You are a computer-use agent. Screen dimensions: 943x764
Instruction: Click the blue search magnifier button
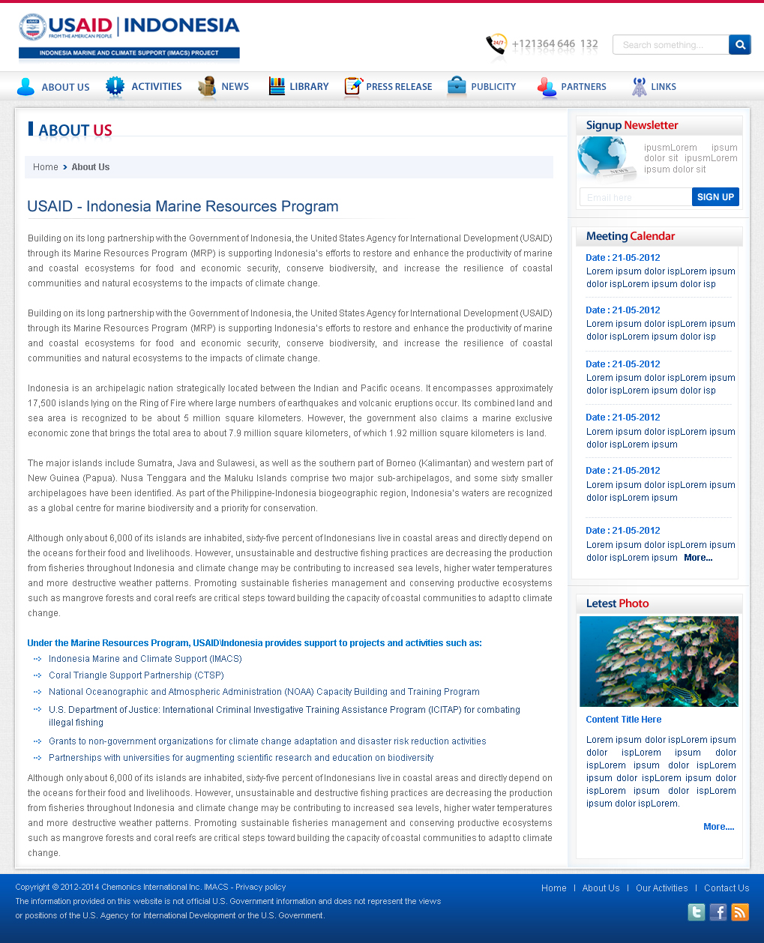coord(739,45)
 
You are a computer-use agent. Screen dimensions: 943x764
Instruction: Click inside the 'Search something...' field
coord(670,45)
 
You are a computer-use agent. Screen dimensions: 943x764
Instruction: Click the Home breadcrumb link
coord(46,167)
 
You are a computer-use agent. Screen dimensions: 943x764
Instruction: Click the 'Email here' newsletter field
coord(635,197)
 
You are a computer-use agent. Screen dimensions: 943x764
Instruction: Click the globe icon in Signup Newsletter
coord(604,158)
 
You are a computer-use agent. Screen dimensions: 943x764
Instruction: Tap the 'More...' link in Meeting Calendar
coord(698,558)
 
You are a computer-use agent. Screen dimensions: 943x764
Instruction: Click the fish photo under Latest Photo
coord(658,661)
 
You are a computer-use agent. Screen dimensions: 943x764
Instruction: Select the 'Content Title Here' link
coord(624,720)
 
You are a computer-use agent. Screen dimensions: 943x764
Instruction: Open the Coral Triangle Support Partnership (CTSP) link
coord(136,675)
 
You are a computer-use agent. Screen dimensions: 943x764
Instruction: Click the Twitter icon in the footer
coord(697,912)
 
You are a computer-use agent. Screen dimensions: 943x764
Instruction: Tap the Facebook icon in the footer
coord(718,912)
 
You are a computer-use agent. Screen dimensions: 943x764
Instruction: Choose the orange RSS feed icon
coord(740,912)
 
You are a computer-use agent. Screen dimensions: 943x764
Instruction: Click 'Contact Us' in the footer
coord(727,888)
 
